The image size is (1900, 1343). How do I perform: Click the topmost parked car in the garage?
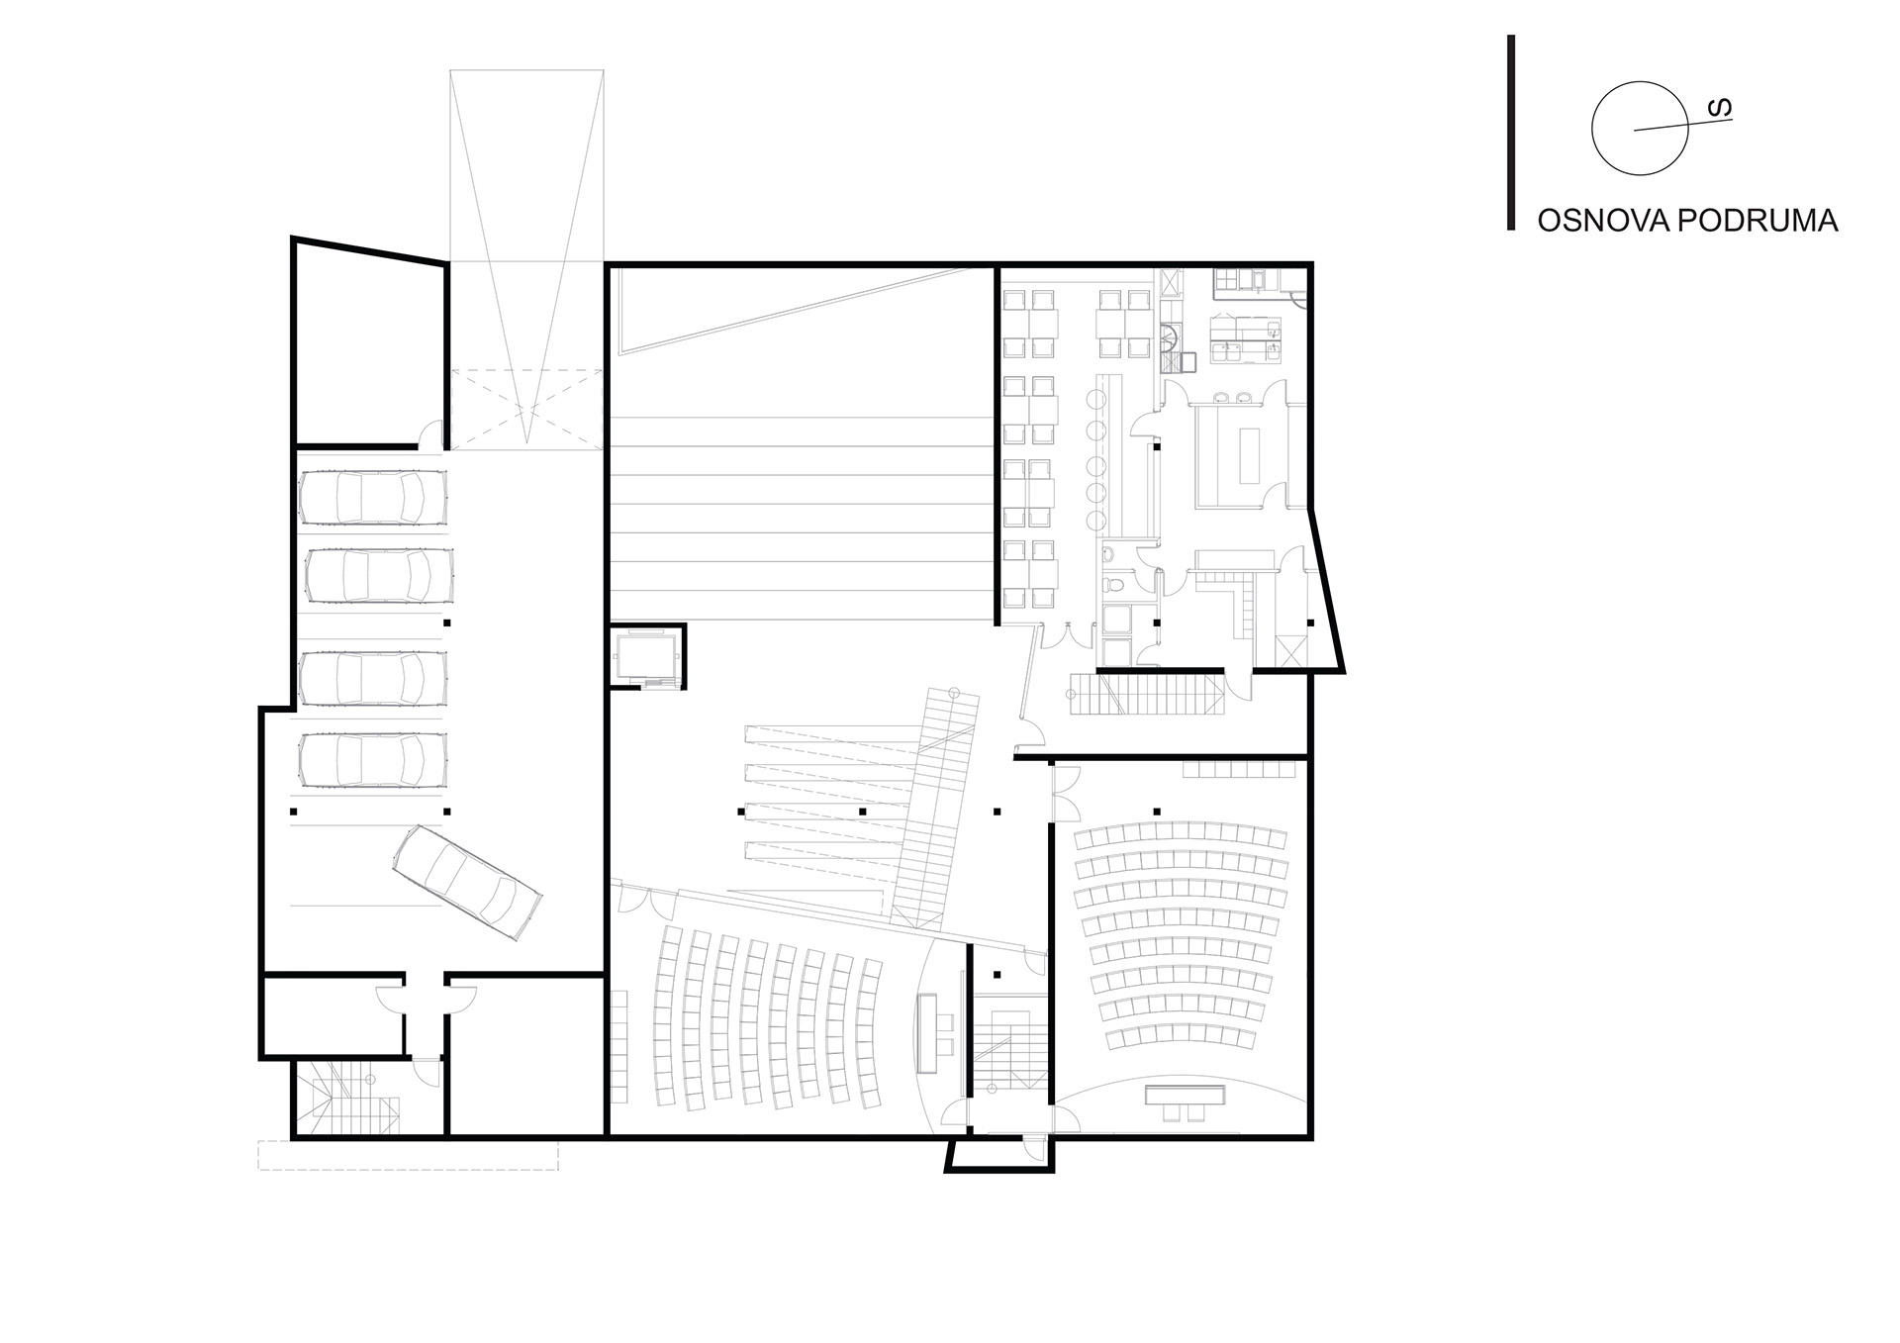tap(373, 497)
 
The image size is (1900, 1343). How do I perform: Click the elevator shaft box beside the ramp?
tap(646, 656)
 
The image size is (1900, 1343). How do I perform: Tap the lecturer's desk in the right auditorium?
tap(1184, 1096)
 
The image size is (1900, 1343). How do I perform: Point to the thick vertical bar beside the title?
tap(1511, 133)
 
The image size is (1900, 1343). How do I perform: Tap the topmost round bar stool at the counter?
tap(1095, 399)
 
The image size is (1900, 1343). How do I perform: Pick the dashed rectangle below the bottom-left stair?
tap(408, 1155)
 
